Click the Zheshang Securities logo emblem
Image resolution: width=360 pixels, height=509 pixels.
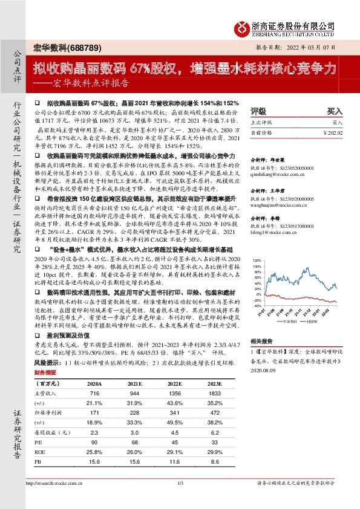click(x=243, y=27)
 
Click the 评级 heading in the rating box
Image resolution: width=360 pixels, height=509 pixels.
click(x=258, y=111)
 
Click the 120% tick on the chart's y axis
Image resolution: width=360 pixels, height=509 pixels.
click(x=257, y=278)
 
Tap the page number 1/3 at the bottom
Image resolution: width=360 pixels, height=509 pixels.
click(x=180, y=483)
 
